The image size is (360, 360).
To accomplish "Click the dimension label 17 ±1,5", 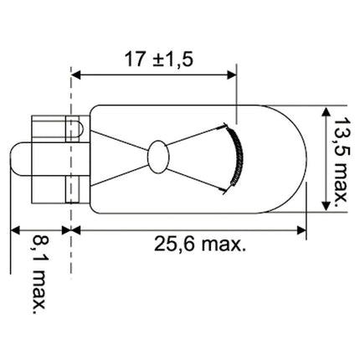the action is pyautogui.click(x=159, y=59).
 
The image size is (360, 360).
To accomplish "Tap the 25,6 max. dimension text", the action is pyautogui.click(x=200, y=244).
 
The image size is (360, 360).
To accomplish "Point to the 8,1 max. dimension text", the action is pyautogui.click(x=39, y=275).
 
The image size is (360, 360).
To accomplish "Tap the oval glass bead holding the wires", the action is pyautogui.click(x=158, y=157).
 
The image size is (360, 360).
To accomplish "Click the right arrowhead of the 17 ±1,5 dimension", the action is pyautogui.click(x=232, y=75).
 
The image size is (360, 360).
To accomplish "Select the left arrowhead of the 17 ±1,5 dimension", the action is pyautogui.click(x=76, y=75).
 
